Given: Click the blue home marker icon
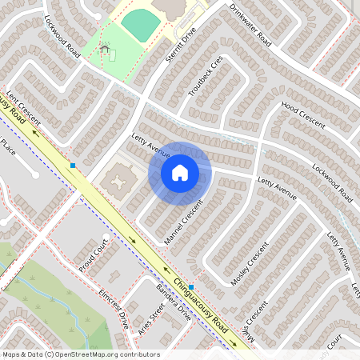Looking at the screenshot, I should tap(180, 173).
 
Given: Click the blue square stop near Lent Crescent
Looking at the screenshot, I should tap(73, 165).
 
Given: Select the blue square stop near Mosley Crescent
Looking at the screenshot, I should tap(191, 286).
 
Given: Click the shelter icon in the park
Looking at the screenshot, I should tap(105, 50).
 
